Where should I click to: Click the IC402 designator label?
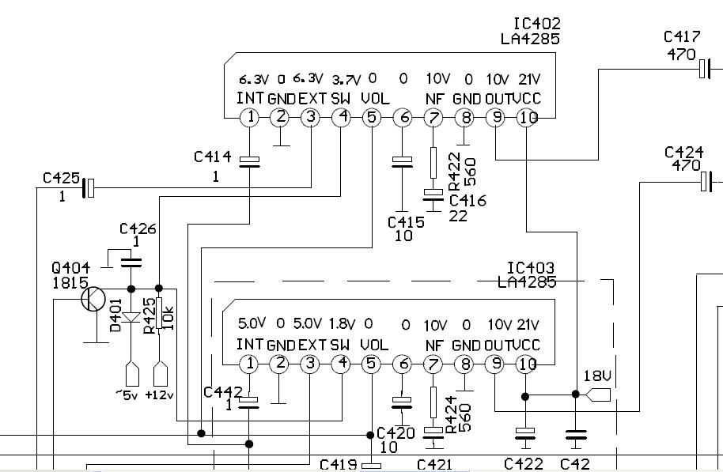coord(537,24)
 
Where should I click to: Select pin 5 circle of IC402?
coord(372,118)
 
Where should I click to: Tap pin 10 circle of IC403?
coord(526,364)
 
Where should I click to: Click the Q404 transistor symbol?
coord(93,300)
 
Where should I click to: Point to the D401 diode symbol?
coord(131,318)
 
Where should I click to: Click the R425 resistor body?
coord(159,313)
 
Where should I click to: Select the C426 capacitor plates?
coord(131,262)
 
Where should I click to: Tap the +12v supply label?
coord(159,395)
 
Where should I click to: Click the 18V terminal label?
coord(597,376)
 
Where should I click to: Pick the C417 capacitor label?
coord(682,36)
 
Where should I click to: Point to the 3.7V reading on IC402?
coord(346,80)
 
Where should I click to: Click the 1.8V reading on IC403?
coord(342,324)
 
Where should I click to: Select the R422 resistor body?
coord(433,163)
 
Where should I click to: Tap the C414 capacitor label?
coord(213,157)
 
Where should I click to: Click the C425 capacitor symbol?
coord(89,188)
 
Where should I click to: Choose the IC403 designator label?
coord(531,267)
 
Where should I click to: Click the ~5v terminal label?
coord(127,395)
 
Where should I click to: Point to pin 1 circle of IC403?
coord(249,364)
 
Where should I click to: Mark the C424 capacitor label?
coord(683,152)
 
